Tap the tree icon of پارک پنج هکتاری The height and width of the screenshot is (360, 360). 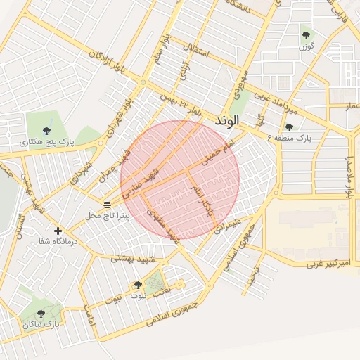pyautogui.click(x=46, y=130)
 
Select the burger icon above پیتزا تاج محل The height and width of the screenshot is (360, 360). pyautogui.click(x=107, y=205)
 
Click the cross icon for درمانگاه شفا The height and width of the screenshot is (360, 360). pyautogui.click(x=58, y=231)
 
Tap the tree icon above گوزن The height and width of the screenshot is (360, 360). pyautogui.click(x=305, y=34)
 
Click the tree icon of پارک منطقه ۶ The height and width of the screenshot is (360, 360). pyautogui.click(x=289, y=127)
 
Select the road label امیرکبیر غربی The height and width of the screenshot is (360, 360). pyautogui.click(x=327, y=264)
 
